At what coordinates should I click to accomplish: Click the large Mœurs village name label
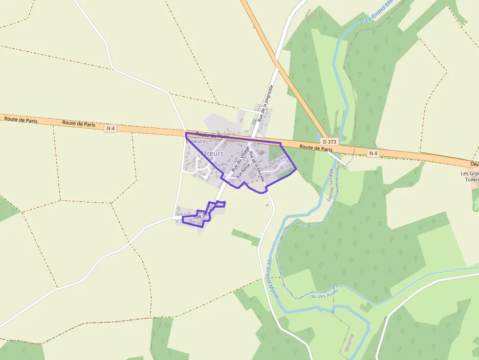(x=212, y=153)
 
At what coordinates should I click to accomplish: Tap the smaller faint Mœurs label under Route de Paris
(x=196, y=141)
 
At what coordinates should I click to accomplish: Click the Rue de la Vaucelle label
(x=257, y=167)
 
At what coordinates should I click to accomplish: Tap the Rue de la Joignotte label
(x=264, y=104)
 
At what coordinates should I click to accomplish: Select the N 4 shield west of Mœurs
(x=111, y=128)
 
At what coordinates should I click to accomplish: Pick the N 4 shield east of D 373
(x=373, y=153)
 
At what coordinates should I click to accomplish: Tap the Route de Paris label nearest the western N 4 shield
(x=79, y=124)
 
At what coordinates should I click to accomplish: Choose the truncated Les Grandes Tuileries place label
(x=469, y=176)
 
